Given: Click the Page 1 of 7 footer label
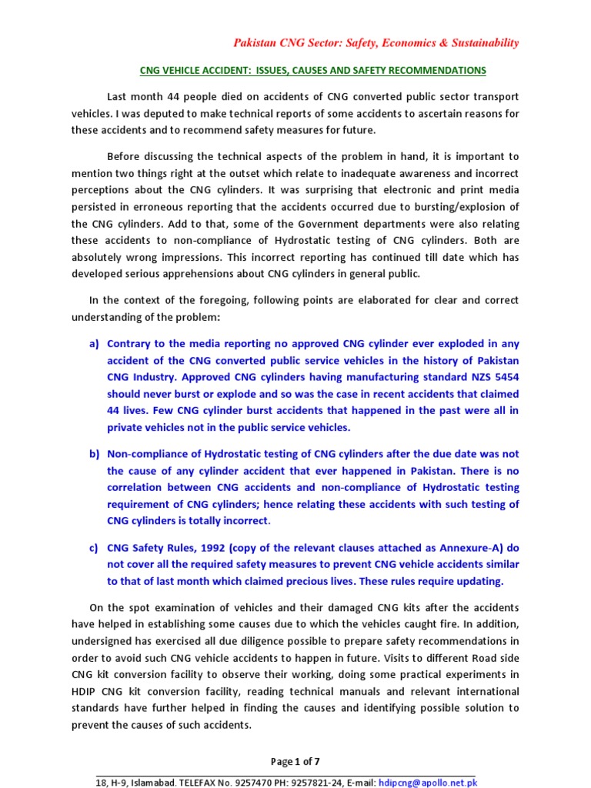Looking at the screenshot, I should [x=295, y=762].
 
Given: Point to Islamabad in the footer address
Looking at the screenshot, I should [x=151, y=782].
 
